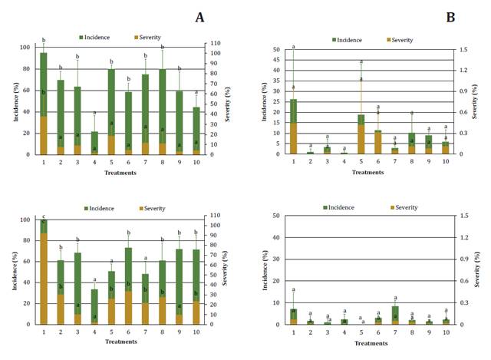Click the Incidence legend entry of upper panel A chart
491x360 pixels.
coord(96,37)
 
